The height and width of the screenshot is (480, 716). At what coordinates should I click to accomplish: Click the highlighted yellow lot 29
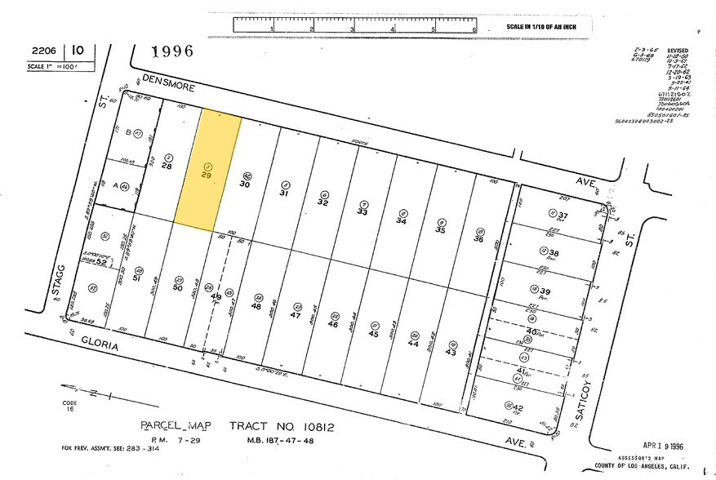[x=208, y=171]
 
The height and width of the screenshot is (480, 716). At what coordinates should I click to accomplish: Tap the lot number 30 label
[x=244, y=184]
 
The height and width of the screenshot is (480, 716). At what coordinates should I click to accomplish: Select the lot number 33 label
[x=362, y=211]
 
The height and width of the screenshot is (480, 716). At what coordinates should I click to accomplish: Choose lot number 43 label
[x=451, y=352]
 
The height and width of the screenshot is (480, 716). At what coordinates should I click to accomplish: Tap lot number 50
[x=177, y=287]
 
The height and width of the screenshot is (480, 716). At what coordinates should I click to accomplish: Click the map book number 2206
[x=24, y=51]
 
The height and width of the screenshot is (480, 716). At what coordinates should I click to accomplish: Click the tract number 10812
[x=314, y=425]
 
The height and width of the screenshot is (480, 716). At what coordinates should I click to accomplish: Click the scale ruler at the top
[x=354, y=24]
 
